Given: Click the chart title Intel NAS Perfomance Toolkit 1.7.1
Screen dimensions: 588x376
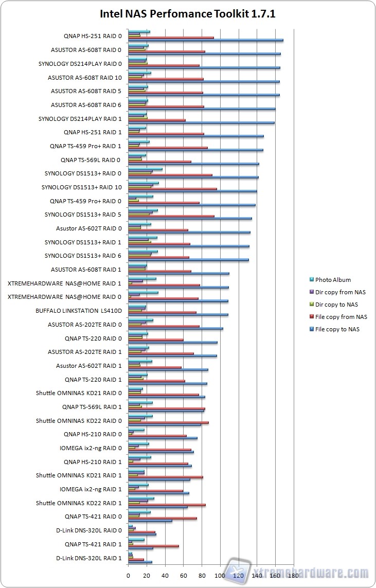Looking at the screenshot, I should click(188, 14).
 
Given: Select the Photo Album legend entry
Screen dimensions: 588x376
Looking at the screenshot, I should click(333, 280).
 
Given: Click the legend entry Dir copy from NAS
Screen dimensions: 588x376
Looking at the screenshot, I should click(340, 292).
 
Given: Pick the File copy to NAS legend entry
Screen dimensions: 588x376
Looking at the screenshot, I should click(337, 329).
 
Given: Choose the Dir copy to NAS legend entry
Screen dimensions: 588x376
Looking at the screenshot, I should click(337, 305).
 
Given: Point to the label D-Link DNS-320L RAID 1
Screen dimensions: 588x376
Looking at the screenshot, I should click(88, 558).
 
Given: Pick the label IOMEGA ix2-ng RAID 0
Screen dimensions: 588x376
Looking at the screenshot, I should click(91, 448).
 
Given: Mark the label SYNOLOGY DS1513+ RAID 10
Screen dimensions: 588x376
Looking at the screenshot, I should click(82, 187).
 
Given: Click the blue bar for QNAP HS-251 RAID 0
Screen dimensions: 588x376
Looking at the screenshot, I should click(206, 40).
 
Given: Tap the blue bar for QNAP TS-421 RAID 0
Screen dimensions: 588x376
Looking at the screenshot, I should click(150, 521).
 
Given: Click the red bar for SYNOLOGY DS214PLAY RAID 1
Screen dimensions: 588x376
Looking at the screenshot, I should click(156, 120).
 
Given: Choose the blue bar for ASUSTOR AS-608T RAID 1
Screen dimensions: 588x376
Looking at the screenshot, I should click(178, 274).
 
